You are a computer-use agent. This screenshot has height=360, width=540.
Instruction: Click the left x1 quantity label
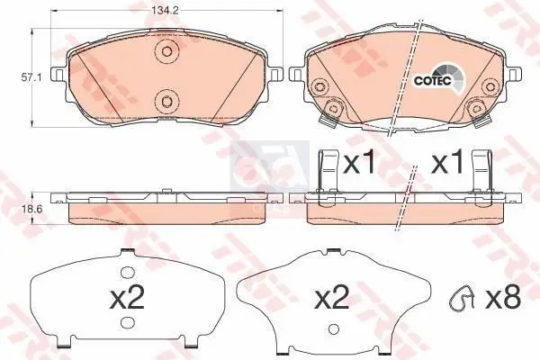tap(359, 165)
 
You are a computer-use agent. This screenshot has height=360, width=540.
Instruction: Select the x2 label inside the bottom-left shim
tap(125, 298)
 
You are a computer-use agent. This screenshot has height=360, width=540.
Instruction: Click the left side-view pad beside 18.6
tap(163, 209)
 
